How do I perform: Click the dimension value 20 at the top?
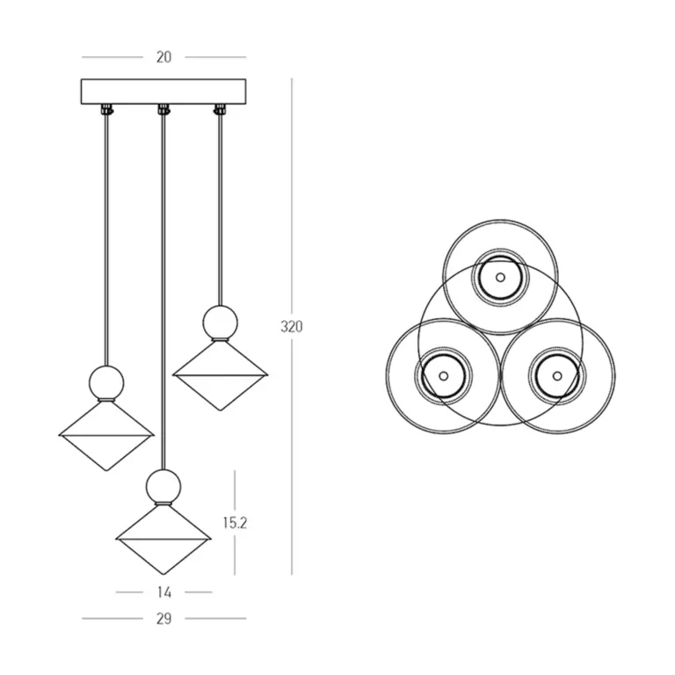[163, 57]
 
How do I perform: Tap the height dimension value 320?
[292, 327]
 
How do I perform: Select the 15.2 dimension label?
[235, 523]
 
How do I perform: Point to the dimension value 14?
[164, 592]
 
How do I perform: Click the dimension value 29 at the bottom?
[163, 619]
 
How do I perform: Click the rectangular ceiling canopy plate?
[163, 91]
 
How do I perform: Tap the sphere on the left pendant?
[106, 382]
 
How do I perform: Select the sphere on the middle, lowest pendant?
[163, 486]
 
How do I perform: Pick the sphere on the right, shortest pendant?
[221, 323]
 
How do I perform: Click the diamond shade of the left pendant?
[106, 436]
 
